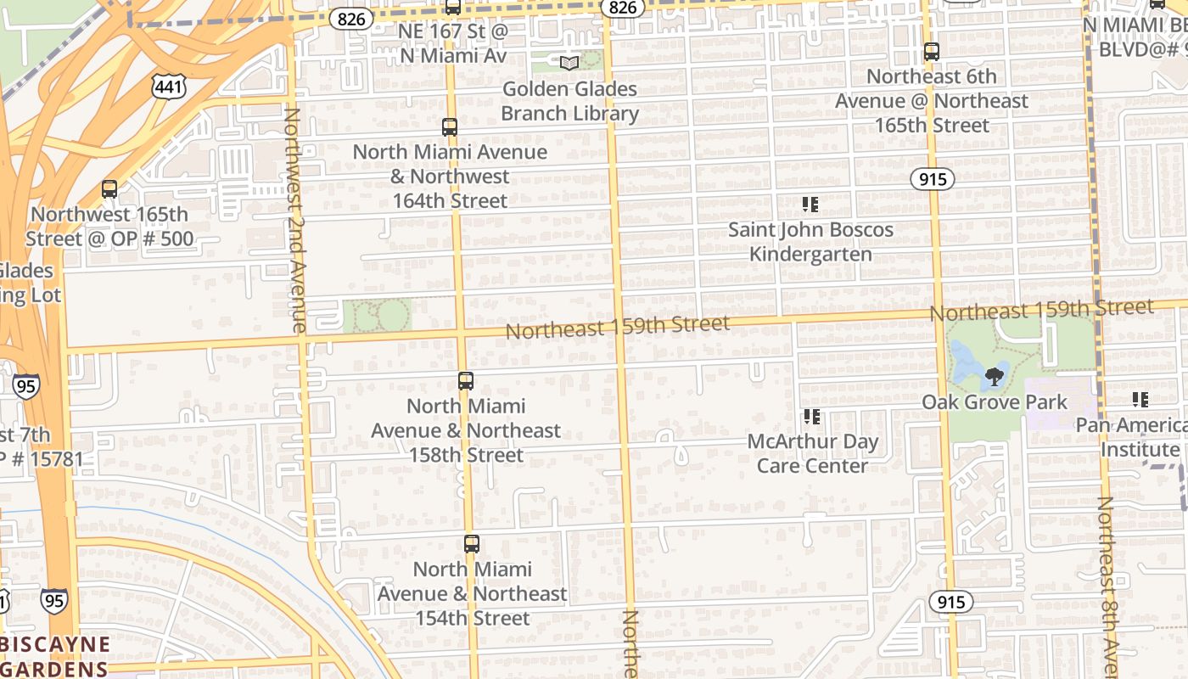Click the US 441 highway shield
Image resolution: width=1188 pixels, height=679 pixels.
[170, 86]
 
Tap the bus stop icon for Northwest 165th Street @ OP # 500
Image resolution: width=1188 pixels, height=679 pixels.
[109, 189]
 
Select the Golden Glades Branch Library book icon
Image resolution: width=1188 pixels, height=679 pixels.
[569, 63]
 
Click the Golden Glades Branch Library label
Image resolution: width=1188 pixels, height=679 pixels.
[569, 101]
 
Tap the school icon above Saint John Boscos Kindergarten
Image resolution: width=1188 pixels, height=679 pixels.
[810, 205]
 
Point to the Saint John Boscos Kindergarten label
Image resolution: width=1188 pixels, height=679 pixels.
[810, 242]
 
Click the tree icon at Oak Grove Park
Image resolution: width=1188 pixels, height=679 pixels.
[995, 376]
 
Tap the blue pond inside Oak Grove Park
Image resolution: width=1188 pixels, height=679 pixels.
[967, 361]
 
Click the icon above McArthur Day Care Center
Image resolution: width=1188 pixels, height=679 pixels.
[812, 417]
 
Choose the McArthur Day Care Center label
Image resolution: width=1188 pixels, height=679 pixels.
[812, 454]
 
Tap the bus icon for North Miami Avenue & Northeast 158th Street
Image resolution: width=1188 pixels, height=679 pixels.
[465, 381]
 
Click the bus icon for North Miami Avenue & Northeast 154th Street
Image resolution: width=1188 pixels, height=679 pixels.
[472, 544]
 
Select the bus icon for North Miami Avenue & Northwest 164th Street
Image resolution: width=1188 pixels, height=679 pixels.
[450, 127]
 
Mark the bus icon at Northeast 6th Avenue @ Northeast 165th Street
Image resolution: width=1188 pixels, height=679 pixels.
[932, 52]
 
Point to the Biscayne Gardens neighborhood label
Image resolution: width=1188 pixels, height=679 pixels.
[55, 656]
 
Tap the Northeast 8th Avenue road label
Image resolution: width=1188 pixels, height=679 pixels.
[1107, 586]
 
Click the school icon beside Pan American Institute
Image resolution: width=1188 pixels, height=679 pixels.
[1140, 400]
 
